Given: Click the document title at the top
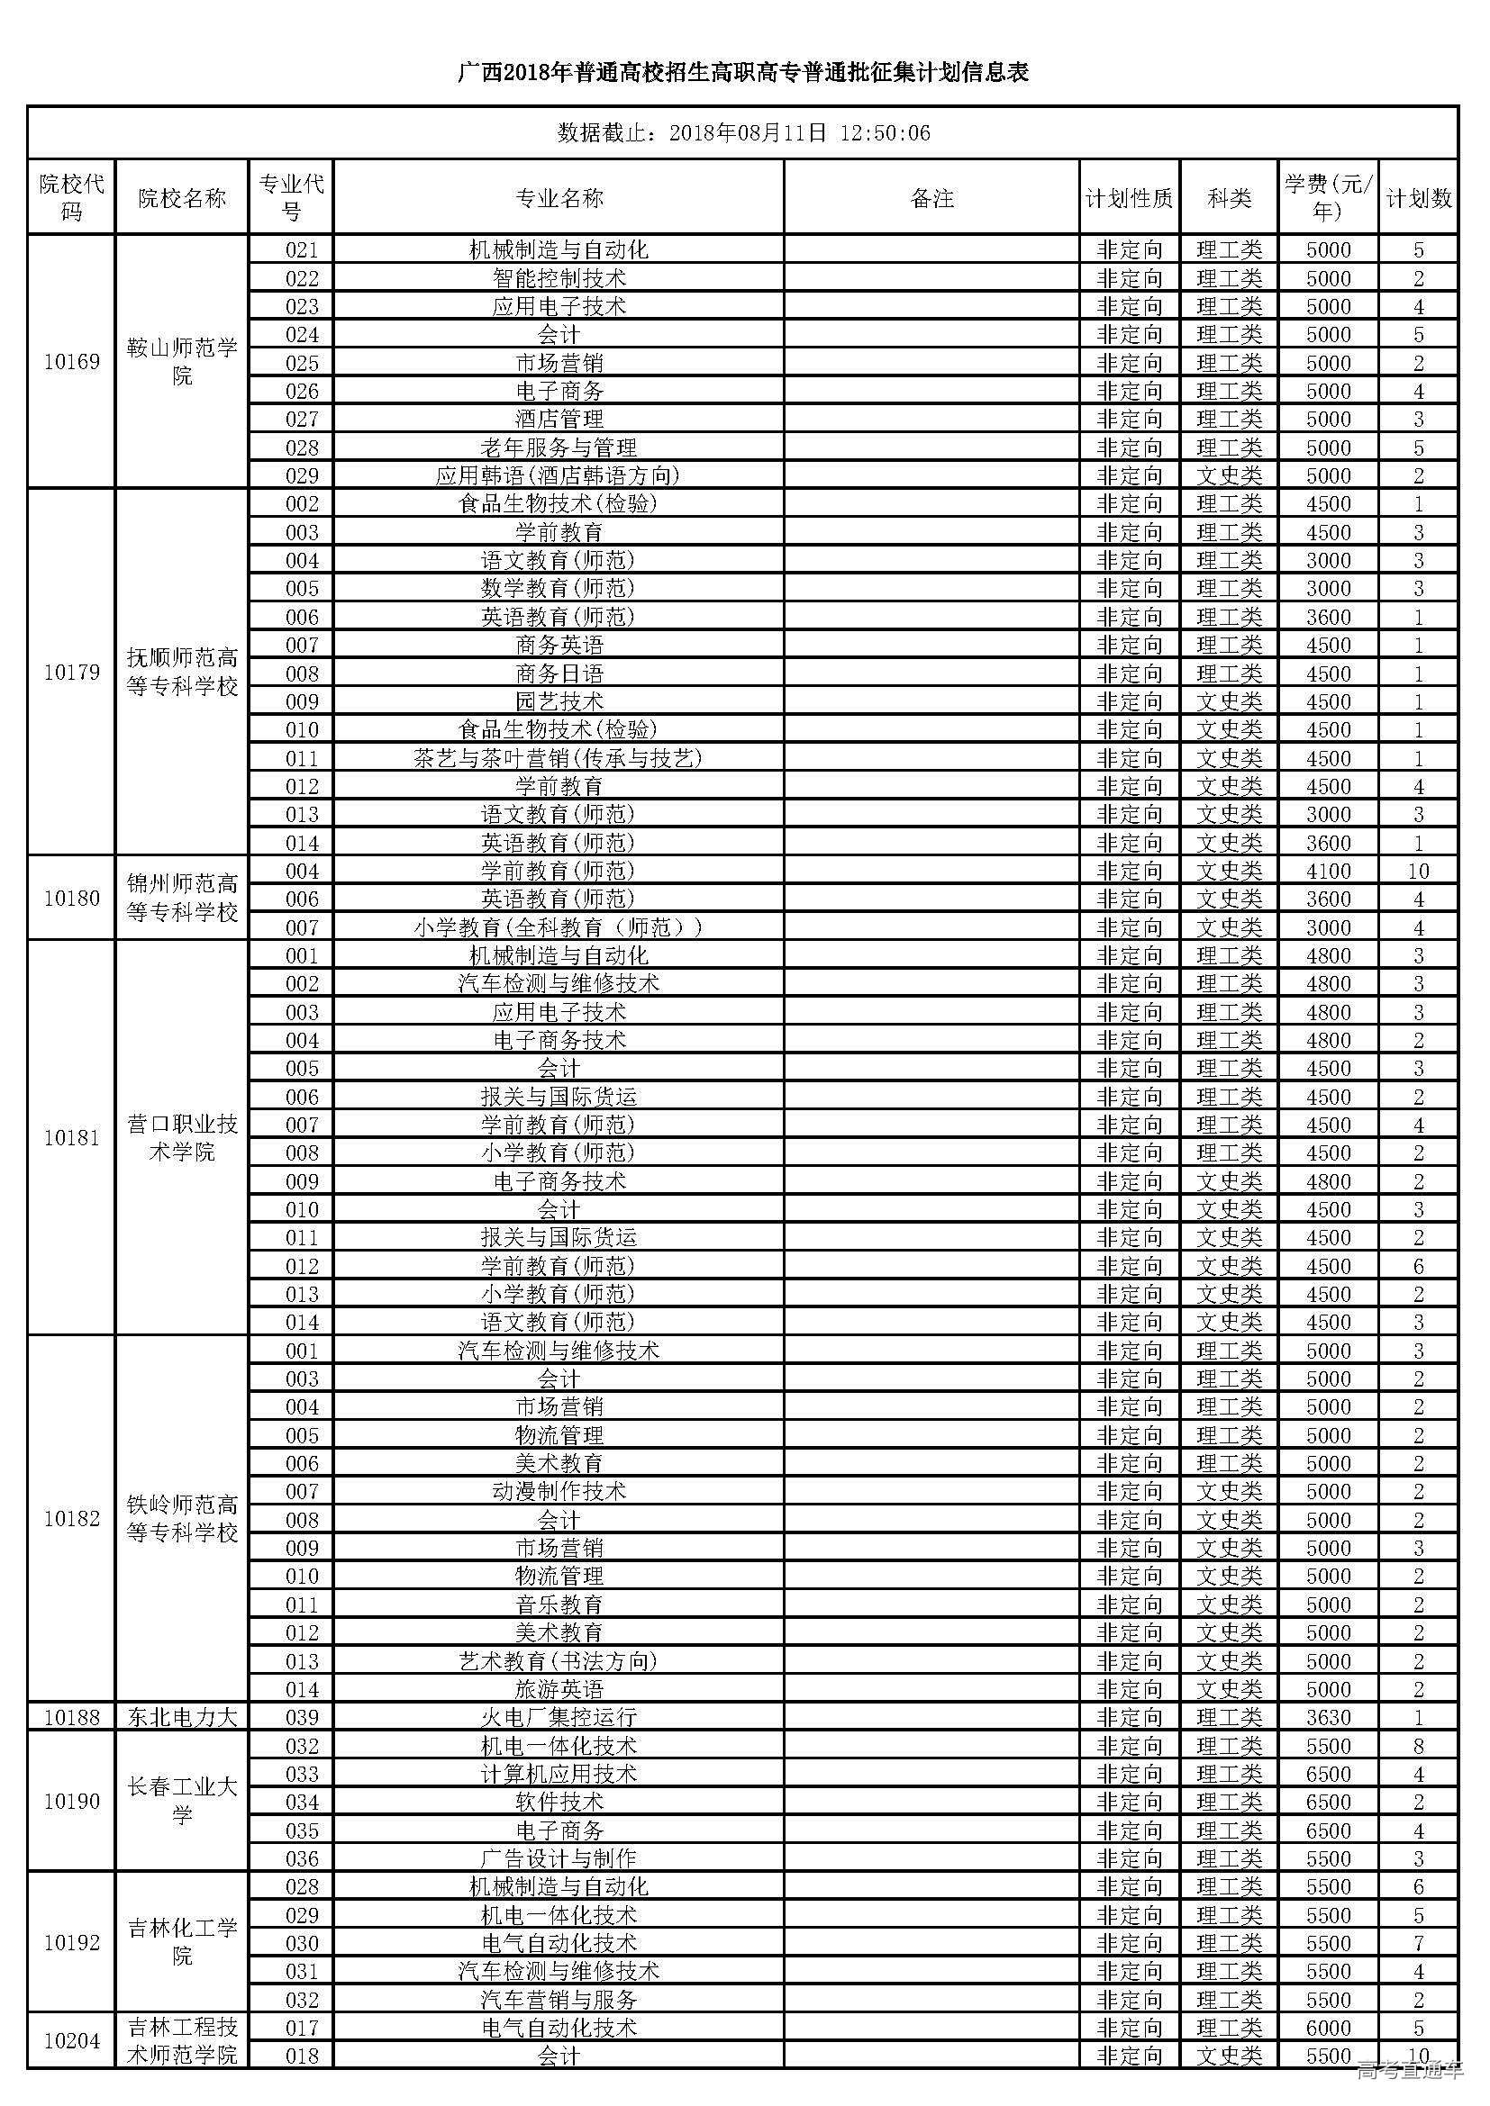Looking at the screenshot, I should pyautogui.click(x=743, y=72).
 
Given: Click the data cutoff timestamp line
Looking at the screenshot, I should pyautogui.click(x=743, y=134).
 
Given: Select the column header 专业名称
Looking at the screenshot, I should pyautogui.click(x=559, y=198).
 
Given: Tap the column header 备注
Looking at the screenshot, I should pyautogui.click(x=931, y=198).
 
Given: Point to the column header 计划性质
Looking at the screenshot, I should pyautogui.click(x=1129, y=198).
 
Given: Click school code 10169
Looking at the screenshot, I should pyautogui.click(x=71, y=362).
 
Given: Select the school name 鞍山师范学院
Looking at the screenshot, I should pyautogui.click(x=182, y=362).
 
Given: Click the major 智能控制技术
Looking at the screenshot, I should pyautogui.click(x=559, y=278).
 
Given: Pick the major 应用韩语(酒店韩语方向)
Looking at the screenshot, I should pyautogui.click(x=559, y=476).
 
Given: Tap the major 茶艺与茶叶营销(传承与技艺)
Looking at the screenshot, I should pyautogui.click(x=559, y=758).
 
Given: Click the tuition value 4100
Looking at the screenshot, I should pyautogui.click(x=1328, y=872).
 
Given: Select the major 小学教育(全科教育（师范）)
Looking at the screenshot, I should pyautogui.click(x=559, y=928).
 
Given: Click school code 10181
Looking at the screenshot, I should pyautogui.click(x=71, y=1138).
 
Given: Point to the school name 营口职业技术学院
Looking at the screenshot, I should pyautogui.click(x=182, y=1138).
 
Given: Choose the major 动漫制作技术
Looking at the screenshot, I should pyautogui.click(x=559, y=1492).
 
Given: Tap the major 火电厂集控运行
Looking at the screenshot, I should pyautogui.click(x=559, y=1718).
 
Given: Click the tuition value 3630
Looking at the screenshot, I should pyautogui.click(x=1328, y=1718).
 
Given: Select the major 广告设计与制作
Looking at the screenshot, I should pyautogui.click(x=559, y=1859).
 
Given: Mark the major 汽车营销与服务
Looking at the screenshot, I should pyautogui.click(x=559, y=2001).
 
